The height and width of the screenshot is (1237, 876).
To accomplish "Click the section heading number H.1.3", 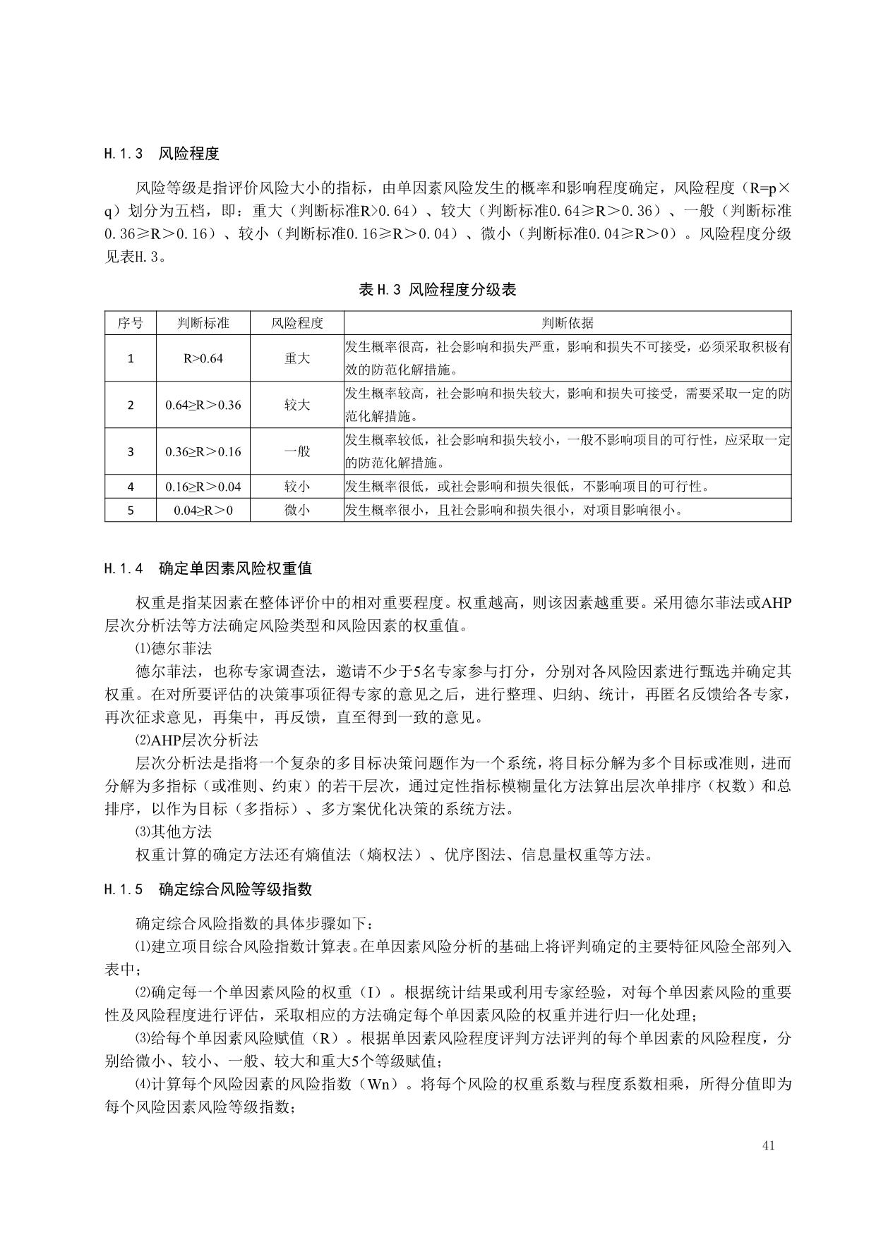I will (124, 153).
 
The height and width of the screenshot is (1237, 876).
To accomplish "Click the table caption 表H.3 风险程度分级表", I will (438, 289).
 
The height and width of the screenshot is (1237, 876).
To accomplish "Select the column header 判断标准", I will (203, 323).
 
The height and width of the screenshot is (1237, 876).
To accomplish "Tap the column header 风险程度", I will (297, 323).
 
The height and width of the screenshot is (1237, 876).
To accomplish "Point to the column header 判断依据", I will (568, 323).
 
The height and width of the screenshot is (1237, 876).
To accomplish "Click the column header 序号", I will (131, 323).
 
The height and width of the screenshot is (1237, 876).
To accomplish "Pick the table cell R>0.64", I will (203, 358).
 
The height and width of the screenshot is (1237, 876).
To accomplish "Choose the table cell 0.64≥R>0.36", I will (203, 405).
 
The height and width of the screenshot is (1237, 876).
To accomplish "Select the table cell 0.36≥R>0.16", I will (203, 451).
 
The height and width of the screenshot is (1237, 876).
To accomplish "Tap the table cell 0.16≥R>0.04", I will (203, 487).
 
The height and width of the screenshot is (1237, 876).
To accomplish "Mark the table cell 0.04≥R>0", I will (203, 510).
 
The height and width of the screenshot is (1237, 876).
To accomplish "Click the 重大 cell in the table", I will (297, 358).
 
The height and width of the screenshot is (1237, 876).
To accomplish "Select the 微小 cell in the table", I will (297, 510).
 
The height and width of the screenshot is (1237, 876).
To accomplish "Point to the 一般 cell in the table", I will (297, 451).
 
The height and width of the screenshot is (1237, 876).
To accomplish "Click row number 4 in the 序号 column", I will (131, 487).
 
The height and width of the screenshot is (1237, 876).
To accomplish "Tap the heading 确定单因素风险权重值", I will (236, 568).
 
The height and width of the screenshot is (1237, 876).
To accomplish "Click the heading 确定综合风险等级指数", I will (236, 889).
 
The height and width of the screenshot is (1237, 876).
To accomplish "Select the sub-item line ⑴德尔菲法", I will (174, 648).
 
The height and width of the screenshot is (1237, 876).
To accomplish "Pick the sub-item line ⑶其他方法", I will (174, 831).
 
